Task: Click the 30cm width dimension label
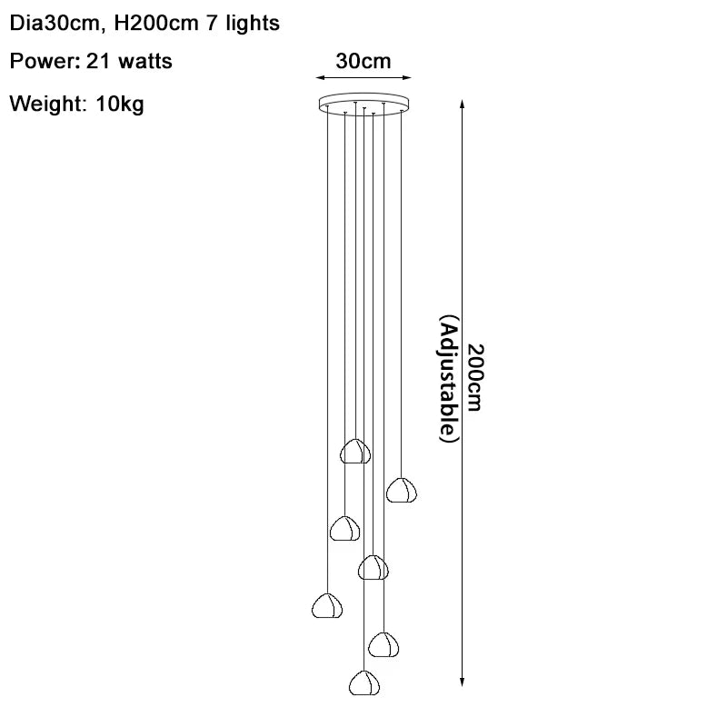click(x=363, y=61)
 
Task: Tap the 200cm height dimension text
click(x=474, y=377)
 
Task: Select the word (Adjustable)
click(x=449, y=379)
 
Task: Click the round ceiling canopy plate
click(x=364, y=104)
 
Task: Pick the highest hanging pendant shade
click(x=355, y=451)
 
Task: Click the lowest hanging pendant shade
click(x=364, y=683)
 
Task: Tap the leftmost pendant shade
click(x=327, y=605)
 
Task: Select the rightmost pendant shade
click(x=402, y=490)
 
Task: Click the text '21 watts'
click(x=129, y=61)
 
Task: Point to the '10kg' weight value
click(x=120, y=104)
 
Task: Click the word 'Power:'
click(x=45, y=61)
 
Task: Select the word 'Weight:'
click(x=48, y=104)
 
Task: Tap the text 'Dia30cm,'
click(x=57, y=24)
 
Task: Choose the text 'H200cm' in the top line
click(x=156, y=24)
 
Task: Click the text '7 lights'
click(x=243, y=24)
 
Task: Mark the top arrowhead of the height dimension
click(x=462, y=104)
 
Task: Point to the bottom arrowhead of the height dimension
click(x=462, y=681)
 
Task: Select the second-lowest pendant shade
click(x=383, y=644)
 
